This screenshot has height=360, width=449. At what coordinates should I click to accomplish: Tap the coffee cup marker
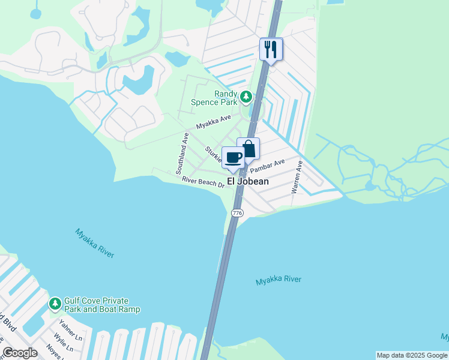[x=234, y=158]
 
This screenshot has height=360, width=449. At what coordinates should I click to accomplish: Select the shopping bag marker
[x=248, y=149]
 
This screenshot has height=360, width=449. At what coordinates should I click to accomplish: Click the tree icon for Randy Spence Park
[x=246, y=97]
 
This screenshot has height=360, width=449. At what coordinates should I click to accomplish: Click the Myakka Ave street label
[x=214, y=122]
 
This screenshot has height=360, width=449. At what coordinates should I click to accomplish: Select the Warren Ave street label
[x=296, y=176]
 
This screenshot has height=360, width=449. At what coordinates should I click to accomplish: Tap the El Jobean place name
[x=248, y=181]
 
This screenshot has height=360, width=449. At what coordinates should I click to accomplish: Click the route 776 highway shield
[x=237, y=213]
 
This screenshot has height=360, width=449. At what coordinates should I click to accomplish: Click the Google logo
[x=20, y=353]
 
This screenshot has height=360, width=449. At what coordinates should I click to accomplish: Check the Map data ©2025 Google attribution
[x=412, y=355]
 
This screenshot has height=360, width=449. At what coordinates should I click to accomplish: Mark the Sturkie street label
[x=213, y=155]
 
